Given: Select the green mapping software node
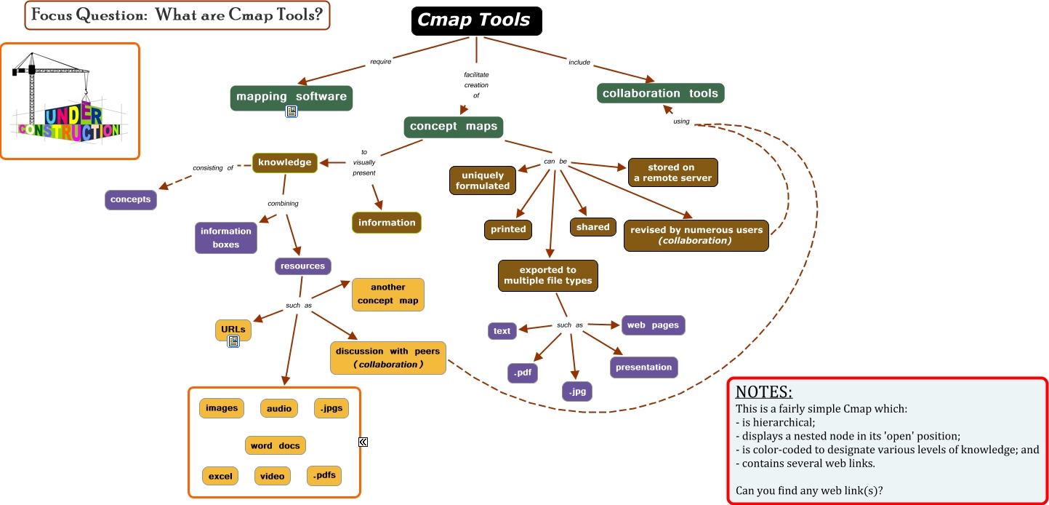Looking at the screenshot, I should pos(292,97).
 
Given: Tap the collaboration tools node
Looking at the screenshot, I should pos(660,93).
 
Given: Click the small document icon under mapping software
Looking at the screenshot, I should pos(292,111).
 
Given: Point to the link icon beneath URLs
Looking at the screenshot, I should pos(233,341).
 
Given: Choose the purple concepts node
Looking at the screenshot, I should pos(131,199).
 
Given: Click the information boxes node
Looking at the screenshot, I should pos(226,238).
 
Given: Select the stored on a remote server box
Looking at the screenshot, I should pos(672,172).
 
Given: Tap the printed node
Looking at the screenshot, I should pos(508,229).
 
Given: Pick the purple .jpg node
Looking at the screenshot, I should pos(577,391).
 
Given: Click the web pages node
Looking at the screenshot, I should pos(653,325).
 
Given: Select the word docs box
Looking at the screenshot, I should pos(275,445).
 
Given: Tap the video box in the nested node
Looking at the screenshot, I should pos(273,476).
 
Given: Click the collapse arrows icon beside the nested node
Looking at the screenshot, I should pos(363,442).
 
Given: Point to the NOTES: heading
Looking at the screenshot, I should pos(763,391).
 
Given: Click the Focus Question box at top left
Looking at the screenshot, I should pos(177,15).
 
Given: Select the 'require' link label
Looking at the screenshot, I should pos(381,62).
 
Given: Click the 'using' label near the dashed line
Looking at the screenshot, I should pos(681,122).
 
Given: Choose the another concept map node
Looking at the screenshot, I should pos(388,294).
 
